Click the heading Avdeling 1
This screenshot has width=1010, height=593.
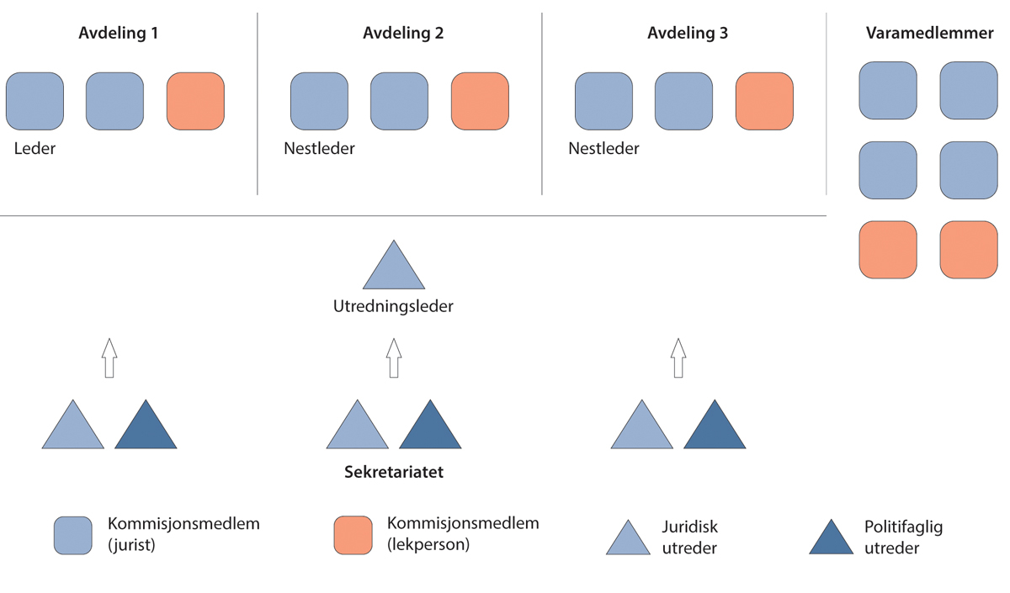point(118,34)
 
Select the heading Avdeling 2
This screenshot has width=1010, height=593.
point(403,34)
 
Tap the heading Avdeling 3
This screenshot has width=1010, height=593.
point(688,34)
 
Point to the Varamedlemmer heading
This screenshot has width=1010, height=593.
point(930,34)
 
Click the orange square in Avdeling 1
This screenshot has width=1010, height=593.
point(195,101)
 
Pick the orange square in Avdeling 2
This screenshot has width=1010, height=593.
point(480,101)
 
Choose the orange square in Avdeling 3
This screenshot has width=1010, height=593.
point(764,101)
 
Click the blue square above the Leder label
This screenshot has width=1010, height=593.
point(35,101)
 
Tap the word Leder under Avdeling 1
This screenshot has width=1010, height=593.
point(35,149)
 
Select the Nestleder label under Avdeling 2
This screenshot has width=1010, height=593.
point(320,149)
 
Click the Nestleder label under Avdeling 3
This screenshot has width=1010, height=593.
point(604,149)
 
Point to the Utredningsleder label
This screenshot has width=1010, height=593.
point(393,306)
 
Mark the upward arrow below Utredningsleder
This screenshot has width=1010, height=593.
point(393,357)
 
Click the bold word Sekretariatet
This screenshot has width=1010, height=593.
point(393,473)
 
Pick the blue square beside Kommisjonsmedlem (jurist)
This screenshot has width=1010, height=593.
point(73,535)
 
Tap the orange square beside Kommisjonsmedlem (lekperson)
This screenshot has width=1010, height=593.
point(353,535)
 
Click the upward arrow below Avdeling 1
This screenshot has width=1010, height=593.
point(109,357)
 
